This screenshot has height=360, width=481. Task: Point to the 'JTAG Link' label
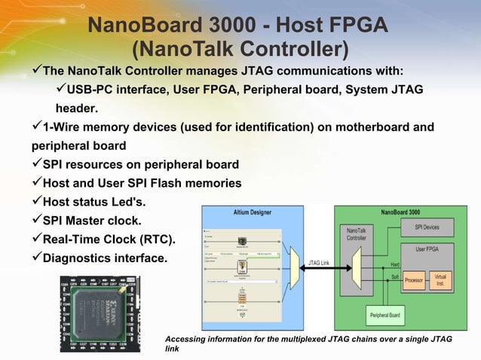pos(317,262)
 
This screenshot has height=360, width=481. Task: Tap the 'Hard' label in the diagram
pos(394,264)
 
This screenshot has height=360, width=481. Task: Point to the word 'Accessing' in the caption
pos(188,340)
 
